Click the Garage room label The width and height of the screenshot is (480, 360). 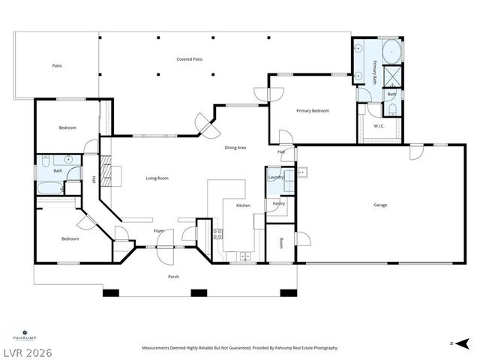pyautogui.click(x=380, y=205)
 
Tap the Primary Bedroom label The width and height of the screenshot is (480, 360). pyautogui.click(x=312, y=111)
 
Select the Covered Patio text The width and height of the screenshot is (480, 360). pyautogui.click(x=189, y=59)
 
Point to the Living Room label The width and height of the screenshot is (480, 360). pyautogui.click(x=157, y=178)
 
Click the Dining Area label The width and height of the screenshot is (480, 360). pyautogui.click(x=235, y=148)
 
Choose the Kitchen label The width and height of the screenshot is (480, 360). pyautogui.click(x=243, y=205)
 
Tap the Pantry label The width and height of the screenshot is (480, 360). pyautogui.click(x=278, y=203)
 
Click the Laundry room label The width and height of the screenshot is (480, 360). pyautogui.click(x=275, y=177)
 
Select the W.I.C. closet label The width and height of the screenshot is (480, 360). pyautogui.click(x=379, y=125)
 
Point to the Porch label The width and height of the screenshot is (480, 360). pyautogui.click(x=172, y=276)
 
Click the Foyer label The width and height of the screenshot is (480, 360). pyautogui.click(x=159, y=231)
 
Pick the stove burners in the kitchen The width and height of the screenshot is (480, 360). pyautogui.click(x=217, y=233)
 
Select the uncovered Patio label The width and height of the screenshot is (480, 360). pyautogui.click(x=57, y=66)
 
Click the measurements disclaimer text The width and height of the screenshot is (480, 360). pyautogui.click(x=240, y=348)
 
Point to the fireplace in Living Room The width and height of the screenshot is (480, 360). pyautogui.click(x=106, y=172)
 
